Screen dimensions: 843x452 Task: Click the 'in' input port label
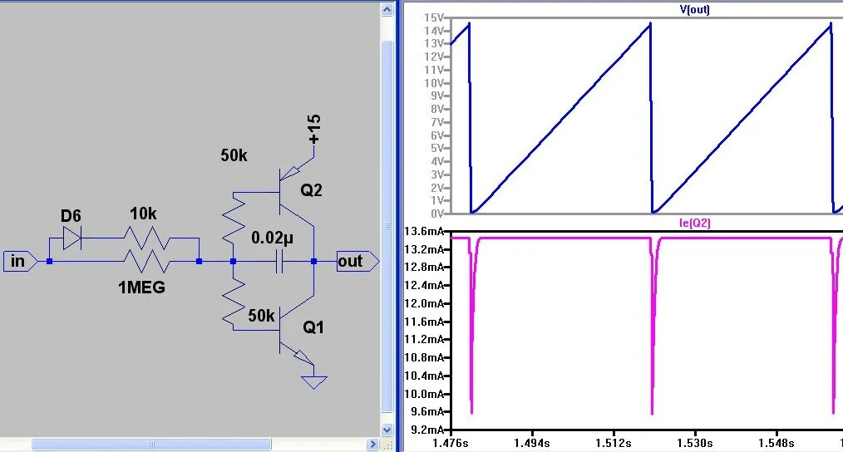pos(17,262)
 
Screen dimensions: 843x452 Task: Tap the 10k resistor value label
pos(143,214)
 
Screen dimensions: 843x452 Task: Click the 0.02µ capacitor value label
pos(273,238)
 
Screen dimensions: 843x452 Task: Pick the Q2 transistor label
pos(312,190)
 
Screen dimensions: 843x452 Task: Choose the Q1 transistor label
pos(313,327)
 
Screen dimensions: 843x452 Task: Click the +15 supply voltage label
pos(313,130)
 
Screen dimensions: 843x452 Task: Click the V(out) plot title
pos(695,9)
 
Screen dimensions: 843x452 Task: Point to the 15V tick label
pos(435,17)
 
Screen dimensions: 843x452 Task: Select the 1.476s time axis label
pos(450,444)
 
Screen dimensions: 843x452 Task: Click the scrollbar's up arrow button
pos(387,9)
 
